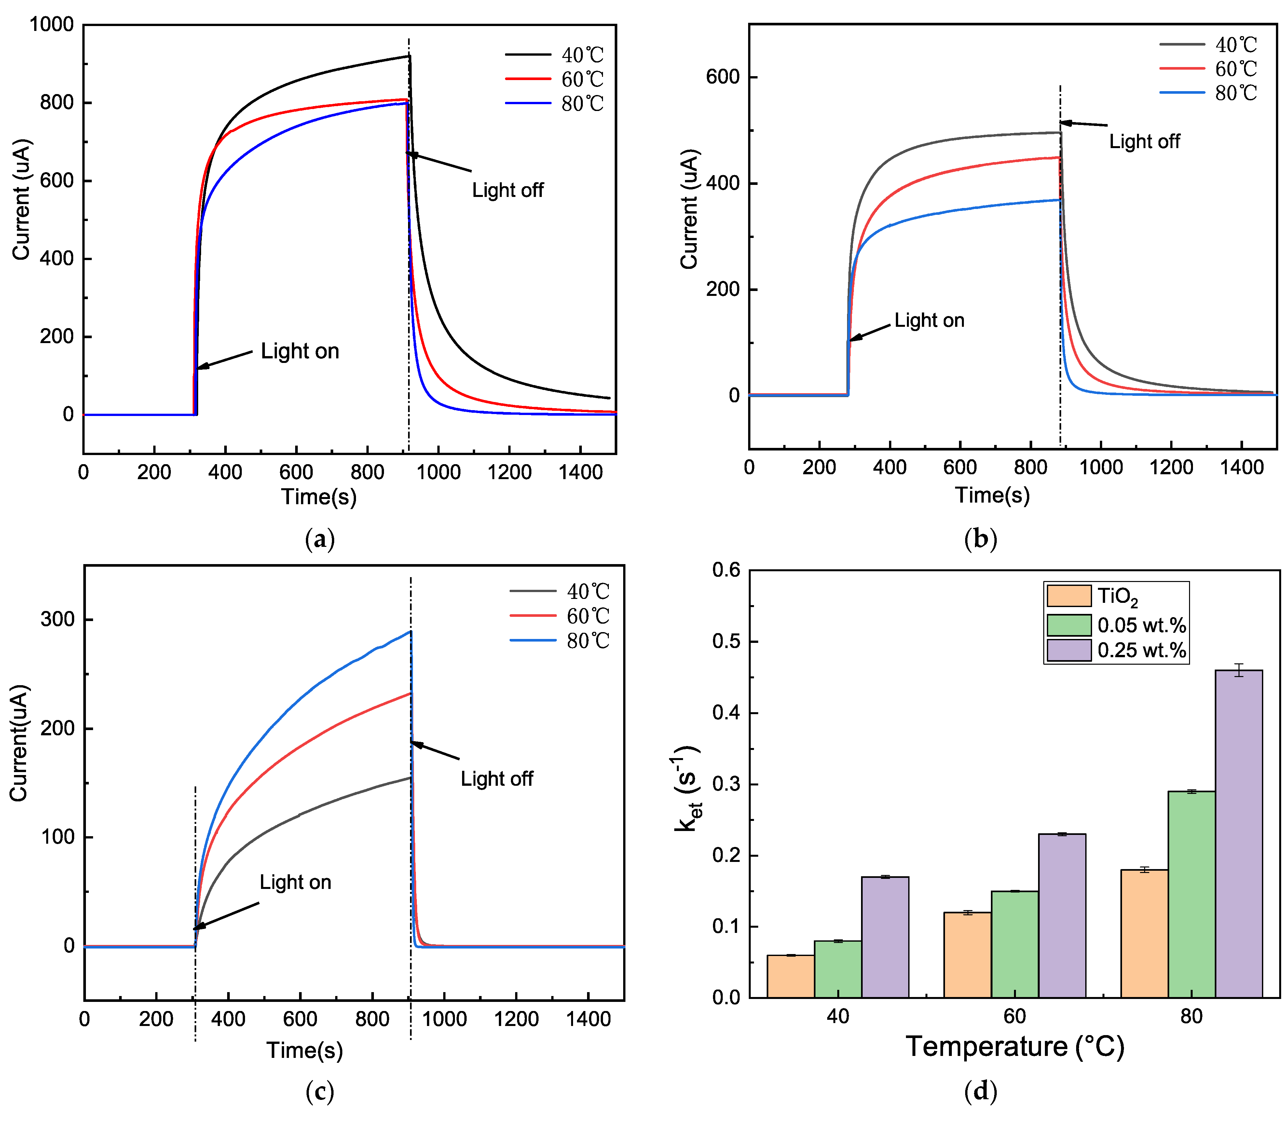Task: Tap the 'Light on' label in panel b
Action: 929,321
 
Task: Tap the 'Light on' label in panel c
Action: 295,882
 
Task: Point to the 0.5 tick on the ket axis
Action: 726,642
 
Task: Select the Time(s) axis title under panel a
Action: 319,496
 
